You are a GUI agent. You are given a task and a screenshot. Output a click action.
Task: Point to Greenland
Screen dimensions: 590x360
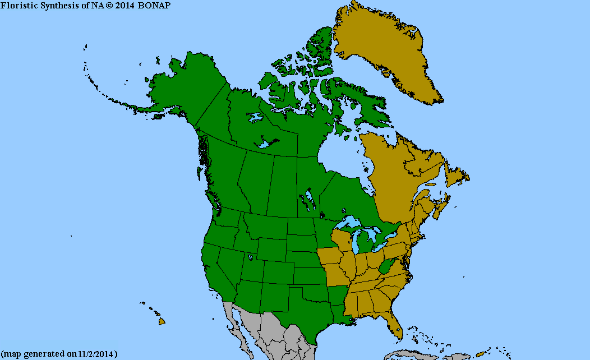[387, 50]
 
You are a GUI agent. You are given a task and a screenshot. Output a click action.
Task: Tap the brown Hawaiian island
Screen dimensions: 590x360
[162, 322]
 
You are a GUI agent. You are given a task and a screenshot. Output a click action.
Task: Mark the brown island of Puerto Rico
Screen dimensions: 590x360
[480, 353]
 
